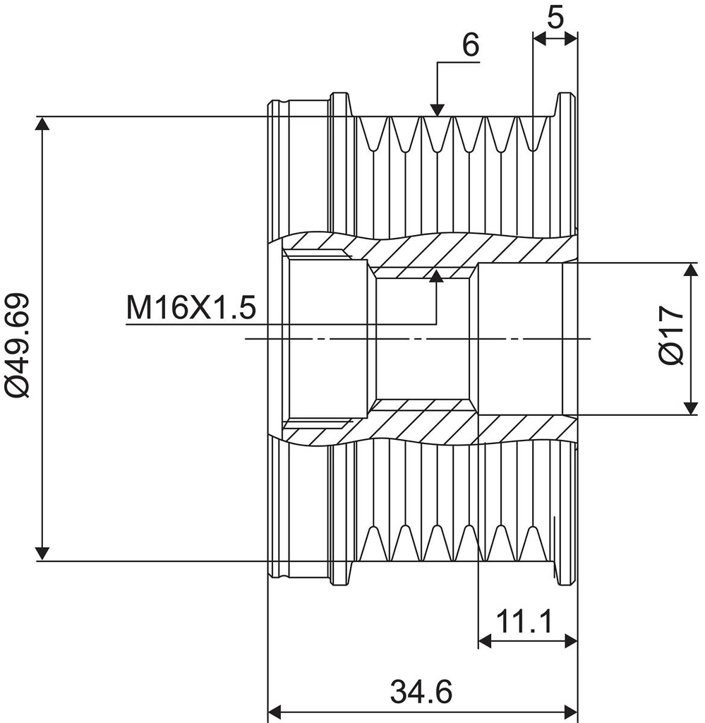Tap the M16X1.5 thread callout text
[190, 308]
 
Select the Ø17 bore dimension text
[673, 335]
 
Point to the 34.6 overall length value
[421, 691]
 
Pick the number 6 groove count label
[470, 44]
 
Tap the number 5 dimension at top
[555, 17]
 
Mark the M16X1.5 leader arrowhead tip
[437, 275]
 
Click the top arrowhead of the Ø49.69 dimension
[43, 124]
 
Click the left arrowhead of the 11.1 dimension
[485, 641]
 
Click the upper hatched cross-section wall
[452, 249]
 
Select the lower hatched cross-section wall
[452, 428]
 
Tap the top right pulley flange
[567, 106]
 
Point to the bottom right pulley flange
[567, 572]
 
